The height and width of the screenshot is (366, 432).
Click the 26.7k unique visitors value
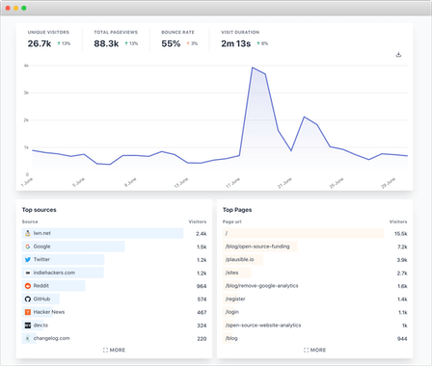point(40,43)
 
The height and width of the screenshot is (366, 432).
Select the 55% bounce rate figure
point(171,43)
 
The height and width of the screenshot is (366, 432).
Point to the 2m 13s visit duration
point(236,43)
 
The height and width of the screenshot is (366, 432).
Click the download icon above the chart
point(398,55)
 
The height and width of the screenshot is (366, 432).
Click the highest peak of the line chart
point(253,68)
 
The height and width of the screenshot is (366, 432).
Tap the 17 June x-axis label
point(231,180)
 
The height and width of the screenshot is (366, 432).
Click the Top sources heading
point(40,209)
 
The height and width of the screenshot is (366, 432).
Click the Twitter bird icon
point(26,259)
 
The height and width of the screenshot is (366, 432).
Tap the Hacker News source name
point(50,312)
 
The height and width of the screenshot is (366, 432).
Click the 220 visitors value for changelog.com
point(202,338)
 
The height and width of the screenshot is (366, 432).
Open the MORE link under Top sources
point(114,351)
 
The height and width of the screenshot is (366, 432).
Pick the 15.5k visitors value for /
point(400,233)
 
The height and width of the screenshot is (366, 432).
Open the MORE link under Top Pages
point(314,351)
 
